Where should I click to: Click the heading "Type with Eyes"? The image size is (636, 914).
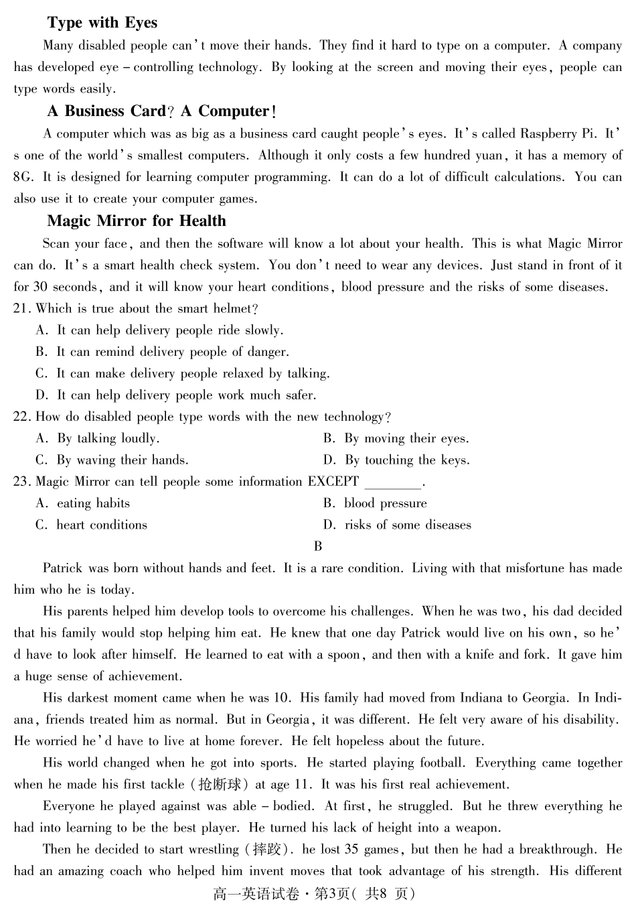click(102, 23)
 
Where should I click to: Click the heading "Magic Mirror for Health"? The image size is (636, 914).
click(137, 221)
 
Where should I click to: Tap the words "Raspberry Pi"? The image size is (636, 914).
click(558, 133)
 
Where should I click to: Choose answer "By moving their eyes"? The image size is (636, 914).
click(406, 439)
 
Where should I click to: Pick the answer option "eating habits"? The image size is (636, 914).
click(93, 503)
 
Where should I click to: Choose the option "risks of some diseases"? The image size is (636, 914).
click(408, 525)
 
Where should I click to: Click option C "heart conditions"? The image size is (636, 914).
click(101, 525)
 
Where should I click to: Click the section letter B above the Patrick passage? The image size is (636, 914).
click(318, 546)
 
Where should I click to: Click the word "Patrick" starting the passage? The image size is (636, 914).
click(64, 568)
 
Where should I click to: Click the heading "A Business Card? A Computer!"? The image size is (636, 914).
click(161, 111)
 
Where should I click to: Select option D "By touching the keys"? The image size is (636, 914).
click(407, 460)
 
